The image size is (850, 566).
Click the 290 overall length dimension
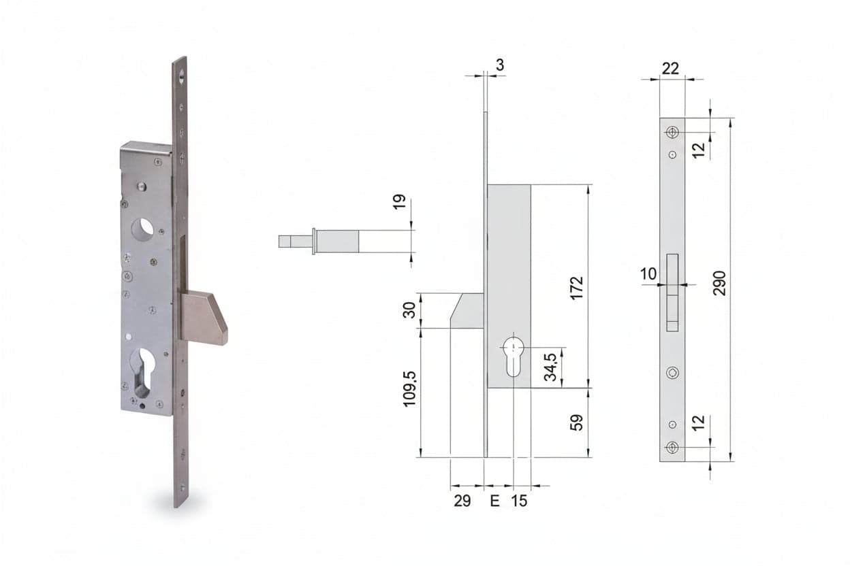point(719,283)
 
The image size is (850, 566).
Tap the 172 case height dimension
point(577,288)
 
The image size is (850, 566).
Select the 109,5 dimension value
point(410,389)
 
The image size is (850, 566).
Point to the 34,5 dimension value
point(550,367)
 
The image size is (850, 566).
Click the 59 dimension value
point(577,422)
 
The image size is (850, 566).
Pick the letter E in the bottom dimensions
point(495,501)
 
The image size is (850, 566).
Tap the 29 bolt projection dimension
point(462,501)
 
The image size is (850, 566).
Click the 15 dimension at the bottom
point(519,501)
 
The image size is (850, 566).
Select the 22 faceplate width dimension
point(670,69)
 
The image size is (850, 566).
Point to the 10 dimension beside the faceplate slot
point(648,273)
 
